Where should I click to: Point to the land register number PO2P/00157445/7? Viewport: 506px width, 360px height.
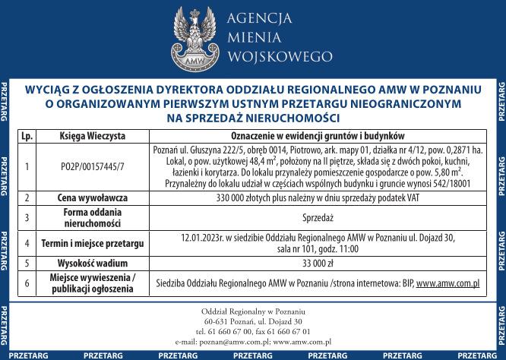(x=93, y=166)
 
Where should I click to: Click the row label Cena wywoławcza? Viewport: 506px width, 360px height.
(x=93, y=197)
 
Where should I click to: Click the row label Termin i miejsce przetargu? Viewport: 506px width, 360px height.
(x=93, y=244)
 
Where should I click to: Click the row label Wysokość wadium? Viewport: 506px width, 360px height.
(x=93, y=264)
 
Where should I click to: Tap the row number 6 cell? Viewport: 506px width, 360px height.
(x=27, y=283)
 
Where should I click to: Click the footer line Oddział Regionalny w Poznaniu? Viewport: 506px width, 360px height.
(x=253, y=312)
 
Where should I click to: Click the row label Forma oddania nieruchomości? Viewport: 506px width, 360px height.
(x=93, y=217)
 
